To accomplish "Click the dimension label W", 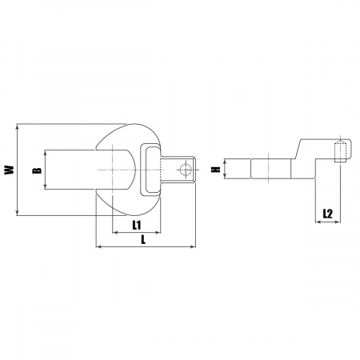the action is click(10, 170).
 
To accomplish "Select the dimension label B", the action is click(37, 170).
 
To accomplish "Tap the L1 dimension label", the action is click(137, 226).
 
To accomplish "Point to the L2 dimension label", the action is click(328, 214).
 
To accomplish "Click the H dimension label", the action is click(215, 169).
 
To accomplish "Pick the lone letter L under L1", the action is click(143, 239).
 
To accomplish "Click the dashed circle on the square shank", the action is click(186, 170).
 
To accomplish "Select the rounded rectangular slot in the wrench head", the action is click(150, 170).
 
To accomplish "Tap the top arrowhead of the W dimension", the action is click(18, 126).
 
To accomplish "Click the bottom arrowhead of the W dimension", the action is click(18, 213).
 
